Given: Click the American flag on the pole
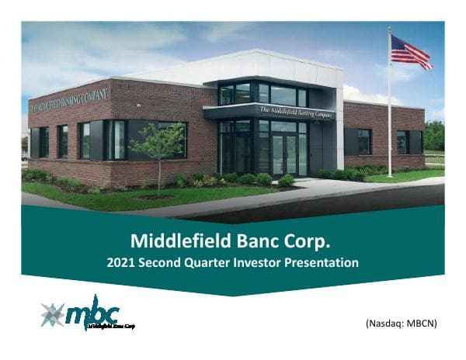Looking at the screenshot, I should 410,52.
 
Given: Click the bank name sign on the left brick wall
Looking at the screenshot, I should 68,99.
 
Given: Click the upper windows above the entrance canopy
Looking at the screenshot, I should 264,94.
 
